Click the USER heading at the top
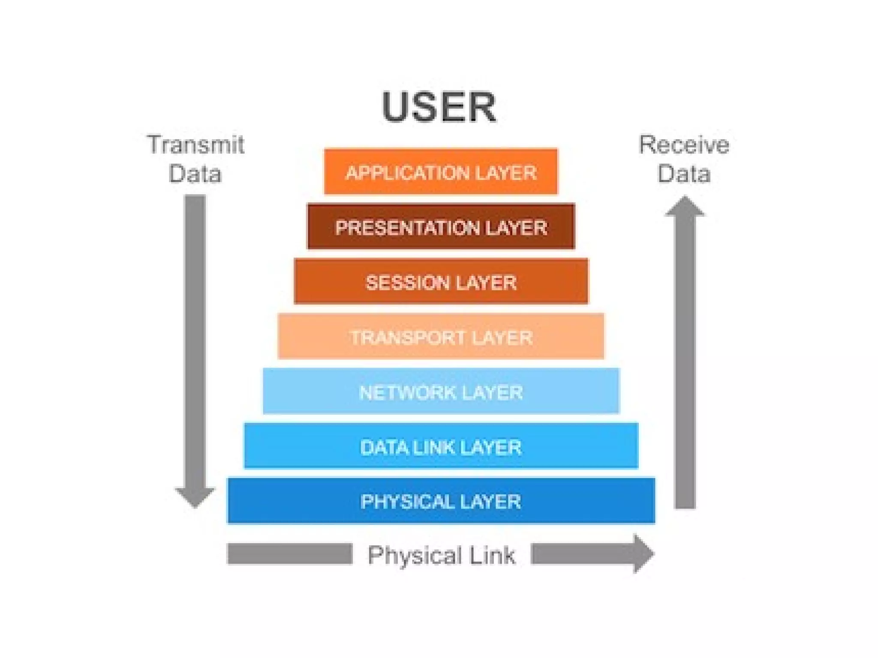coord(439,107)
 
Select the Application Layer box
coord(441,172)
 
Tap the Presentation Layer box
coord(441,227)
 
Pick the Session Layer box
coord(441,281)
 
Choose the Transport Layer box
coord(441,336)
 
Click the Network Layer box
coord(441,391)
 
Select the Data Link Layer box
coord(441,446)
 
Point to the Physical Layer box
coord(441,501)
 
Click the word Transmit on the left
coord(195,145)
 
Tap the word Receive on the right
coord(684,145)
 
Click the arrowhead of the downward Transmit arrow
coord(195,497)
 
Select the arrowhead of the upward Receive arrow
coord(685,207)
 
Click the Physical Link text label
coord(442,555)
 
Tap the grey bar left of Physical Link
coord(289,554)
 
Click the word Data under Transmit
coord(195,174)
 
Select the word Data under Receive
coord(684,174)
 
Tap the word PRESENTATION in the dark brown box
coord(407,227)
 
